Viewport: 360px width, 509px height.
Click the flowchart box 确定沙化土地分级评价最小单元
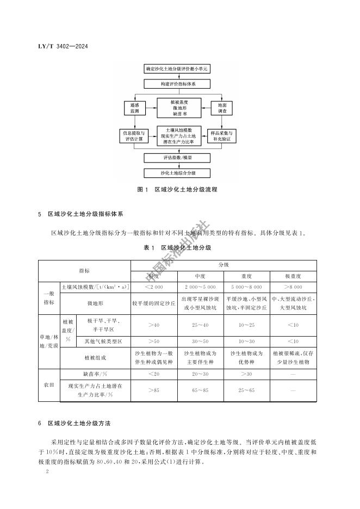pyautogui.click(x=177, y=70)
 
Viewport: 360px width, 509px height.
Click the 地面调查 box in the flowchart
pyautogui.click(x=222, y=107)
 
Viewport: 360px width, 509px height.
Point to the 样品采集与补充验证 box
pyautogui.click(x=222, y=136)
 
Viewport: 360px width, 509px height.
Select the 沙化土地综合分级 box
pyautogui.click(x=177, y=173)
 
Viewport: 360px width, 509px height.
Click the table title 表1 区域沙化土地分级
pyautogui.click(x=177, y=247)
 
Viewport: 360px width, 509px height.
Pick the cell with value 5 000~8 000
pyautogui.click(x=246, y=286)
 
